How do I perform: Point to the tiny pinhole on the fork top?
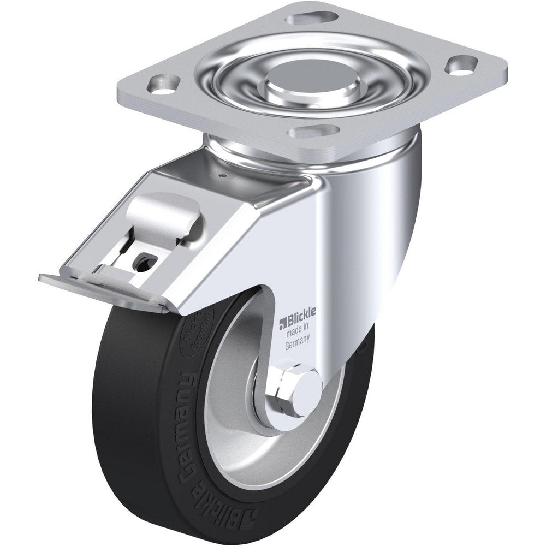pyautogui.click(x=223, y=175)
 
